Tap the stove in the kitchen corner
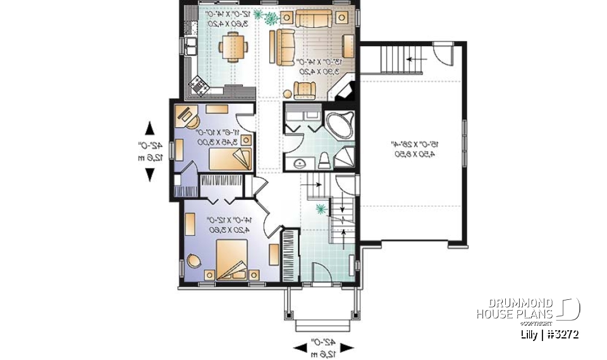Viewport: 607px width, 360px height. (x=199, y=83)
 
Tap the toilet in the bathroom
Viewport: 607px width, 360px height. (x=324, y=160)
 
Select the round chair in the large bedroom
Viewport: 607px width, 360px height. (x=193, y=259)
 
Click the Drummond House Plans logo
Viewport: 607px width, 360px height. (x=528, y=309)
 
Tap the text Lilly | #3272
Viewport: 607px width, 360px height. (x=548, y=333)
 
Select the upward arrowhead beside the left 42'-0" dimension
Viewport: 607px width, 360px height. (x=150, y=129)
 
